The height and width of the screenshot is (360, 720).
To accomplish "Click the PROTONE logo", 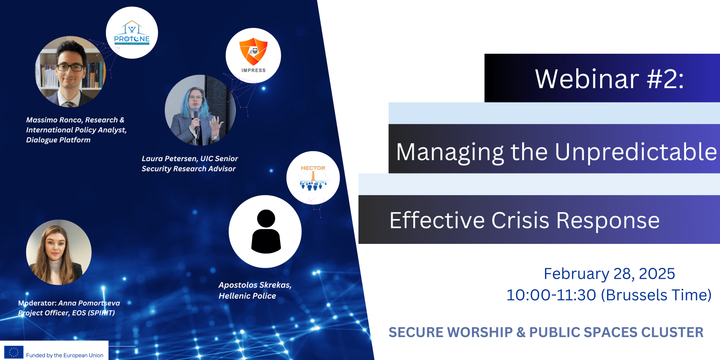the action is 132,33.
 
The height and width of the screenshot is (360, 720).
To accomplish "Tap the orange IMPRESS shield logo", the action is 253,51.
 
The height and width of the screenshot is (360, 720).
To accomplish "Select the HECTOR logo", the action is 313,177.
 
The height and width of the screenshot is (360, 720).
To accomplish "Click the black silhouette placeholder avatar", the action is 266,231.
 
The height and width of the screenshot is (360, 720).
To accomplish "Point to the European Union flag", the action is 14,352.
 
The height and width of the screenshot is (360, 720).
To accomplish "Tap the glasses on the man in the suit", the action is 70,67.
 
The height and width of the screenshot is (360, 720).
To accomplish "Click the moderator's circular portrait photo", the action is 59,253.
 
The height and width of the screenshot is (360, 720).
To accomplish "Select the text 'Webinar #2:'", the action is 609,79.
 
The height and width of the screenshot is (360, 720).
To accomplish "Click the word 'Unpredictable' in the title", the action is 636,152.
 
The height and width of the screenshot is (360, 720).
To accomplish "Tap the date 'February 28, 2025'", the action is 609,274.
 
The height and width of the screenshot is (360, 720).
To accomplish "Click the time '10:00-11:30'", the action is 551,295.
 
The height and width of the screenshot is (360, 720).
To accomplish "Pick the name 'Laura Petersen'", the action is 169,158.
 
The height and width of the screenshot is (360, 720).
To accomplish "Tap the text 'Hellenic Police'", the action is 247,296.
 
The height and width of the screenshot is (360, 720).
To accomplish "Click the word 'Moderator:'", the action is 37,303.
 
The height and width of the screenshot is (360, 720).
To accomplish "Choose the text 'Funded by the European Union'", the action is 65,355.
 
